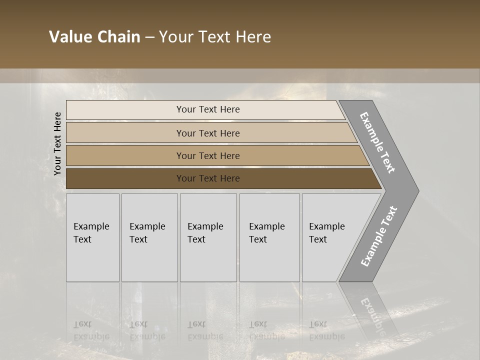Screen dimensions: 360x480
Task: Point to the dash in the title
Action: click(x=149, y=37)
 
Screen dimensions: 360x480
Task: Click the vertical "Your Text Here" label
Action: click(x=57, y=143)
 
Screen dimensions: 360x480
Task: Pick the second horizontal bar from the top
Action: click(x=207, y=133)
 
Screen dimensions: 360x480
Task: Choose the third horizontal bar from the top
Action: click(x=207, y=155)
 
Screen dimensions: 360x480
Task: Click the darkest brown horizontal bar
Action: click(x=207, y=178)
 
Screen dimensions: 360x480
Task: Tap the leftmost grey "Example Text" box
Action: click(x=92, y=237)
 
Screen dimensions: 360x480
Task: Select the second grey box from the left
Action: click(x=149, y=237)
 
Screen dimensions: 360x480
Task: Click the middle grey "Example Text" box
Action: click(x=208, y=237)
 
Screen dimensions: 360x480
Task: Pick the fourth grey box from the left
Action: click(x=269, y=237)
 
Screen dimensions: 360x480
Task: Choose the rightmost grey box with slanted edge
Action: click(x=330, y=237)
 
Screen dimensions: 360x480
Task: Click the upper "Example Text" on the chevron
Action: click(x=378, y=142)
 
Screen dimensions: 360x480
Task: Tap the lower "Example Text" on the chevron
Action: click(x=379, y=236)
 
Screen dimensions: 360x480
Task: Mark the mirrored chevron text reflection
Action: click(x=372, y=315)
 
